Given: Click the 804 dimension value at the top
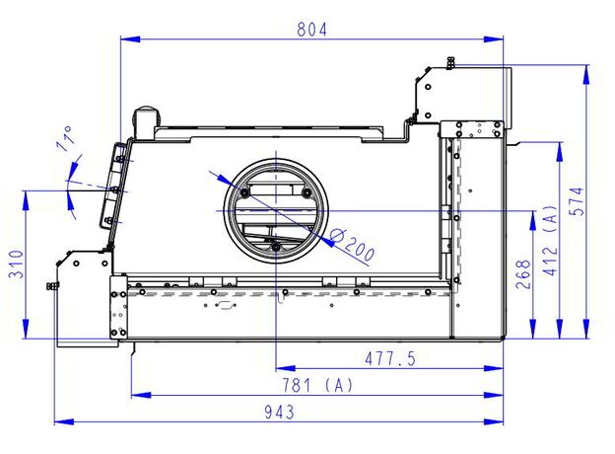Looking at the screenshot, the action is [311, 30].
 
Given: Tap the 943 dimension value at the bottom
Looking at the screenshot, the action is [279, 412].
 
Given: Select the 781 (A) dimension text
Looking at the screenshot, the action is [318, 385].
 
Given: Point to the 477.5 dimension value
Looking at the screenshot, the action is [390, 358].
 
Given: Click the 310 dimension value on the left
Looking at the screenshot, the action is [17, 264].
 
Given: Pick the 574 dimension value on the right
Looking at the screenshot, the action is [579, 201].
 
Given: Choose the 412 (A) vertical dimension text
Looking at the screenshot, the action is [551, 241].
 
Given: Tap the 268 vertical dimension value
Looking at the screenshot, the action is [523, 274].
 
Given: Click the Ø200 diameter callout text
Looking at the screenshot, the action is [352, 246].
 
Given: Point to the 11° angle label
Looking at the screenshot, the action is [66, 138].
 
